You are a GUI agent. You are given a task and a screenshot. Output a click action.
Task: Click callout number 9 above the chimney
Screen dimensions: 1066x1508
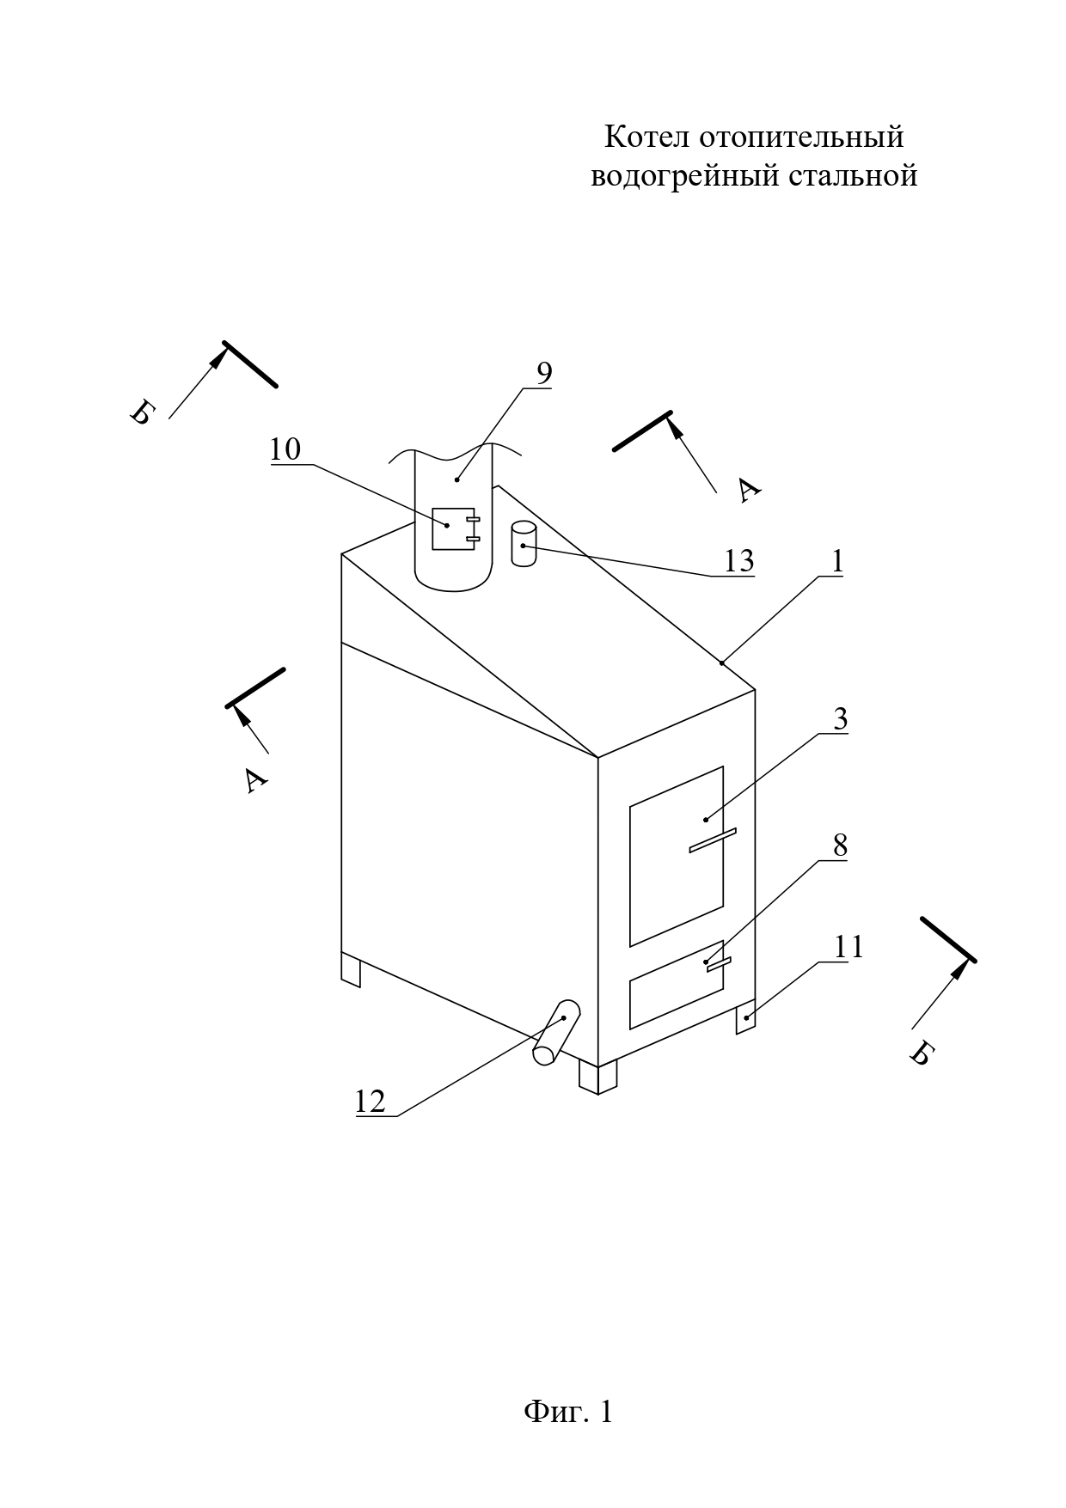[544, 373]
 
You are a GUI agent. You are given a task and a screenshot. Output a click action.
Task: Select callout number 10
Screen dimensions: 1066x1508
[285, 449]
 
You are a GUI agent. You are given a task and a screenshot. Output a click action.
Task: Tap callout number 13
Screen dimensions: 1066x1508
[738, 561]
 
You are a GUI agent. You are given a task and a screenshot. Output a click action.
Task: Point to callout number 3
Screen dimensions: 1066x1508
[840, 719]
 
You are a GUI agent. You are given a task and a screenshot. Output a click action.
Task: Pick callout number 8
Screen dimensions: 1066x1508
[839, 846]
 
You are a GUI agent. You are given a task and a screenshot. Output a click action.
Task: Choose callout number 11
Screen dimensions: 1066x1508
[849, 947]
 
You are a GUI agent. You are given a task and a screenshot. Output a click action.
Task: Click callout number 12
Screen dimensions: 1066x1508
[371, 1101]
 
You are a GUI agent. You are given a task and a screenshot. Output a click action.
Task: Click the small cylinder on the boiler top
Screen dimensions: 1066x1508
[523, 544]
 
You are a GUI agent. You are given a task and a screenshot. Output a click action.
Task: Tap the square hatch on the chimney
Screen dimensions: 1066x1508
[453, 528]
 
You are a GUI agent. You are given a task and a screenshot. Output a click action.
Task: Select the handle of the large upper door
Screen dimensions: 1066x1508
[713, 840]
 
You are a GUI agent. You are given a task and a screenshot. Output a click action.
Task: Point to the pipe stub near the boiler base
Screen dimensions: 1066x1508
[555, 1033]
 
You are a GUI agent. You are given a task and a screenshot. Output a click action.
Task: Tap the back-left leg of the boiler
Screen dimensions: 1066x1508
[352, 969]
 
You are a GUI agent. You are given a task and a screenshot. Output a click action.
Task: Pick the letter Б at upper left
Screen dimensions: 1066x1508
[140, 413]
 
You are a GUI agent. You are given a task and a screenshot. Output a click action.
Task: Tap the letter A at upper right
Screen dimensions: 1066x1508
[750, 490]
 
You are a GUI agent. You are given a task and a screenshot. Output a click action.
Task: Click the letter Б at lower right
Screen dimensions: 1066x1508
[921, 1054]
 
